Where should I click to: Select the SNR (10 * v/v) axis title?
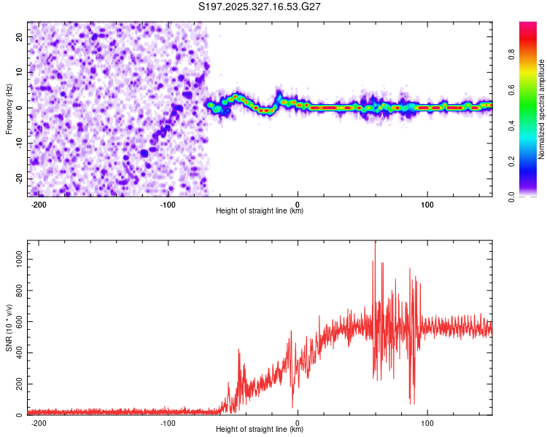(x=9, y=328)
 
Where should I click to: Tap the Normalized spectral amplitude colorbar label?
(x=542, y=109)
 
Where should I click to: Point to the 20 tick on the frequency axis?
(x=20, y=36)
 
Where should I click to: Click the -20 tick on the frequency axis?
(x=18, y=179)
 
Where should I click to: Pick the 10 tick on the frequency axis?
(x=20, y=72)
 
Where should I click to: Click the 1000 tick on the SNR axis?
(x=15, y=259)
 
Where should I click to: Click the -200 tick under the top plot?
(x=39, y=204)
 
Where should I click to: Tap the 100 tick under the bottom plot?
(x=427, y=422)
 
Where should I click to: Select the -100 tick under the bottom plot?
(x=168, y=422)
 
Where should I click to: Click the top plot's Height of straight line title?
(x=260, y=211)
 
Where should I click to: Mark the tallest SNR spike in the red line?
(x=375, y=242)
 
